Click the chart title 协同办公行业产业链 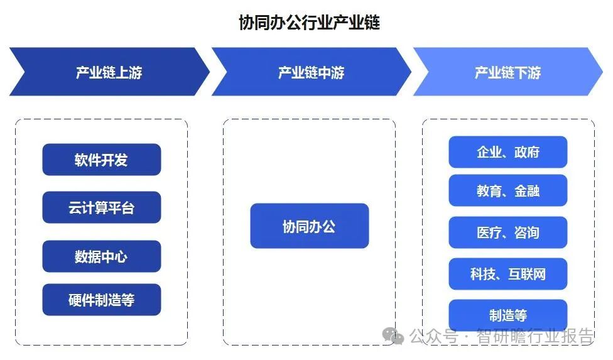pos(309,22)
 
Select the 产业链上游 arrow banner pos(109,72)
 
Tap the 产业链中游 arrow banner pos(311,72)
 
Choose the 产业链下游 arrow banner pos(508,72)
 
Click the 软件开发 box pos(102,160)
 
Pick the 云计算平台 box pos(102,207)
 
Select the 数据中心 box pos(102,256)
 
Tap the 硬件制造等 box pos(102,300)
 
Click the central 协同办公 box pos(309,226)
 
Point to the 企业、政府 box pos(508,152)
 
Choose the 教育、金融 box pos(508,190)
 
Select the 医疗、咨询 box pos(508,232)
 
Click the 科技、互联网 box pos(508,274)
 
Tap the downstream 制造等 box pos(508,315)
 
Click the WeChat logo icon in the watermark pos(393,336)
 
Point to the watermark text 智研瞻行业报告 pos(534,336)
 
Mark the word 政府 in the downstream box pos(526,152)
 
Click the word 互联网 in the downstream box pos(527,274)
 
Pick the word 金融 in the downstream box pos(526,191)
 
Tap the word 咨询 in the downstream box pos(526,232)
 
